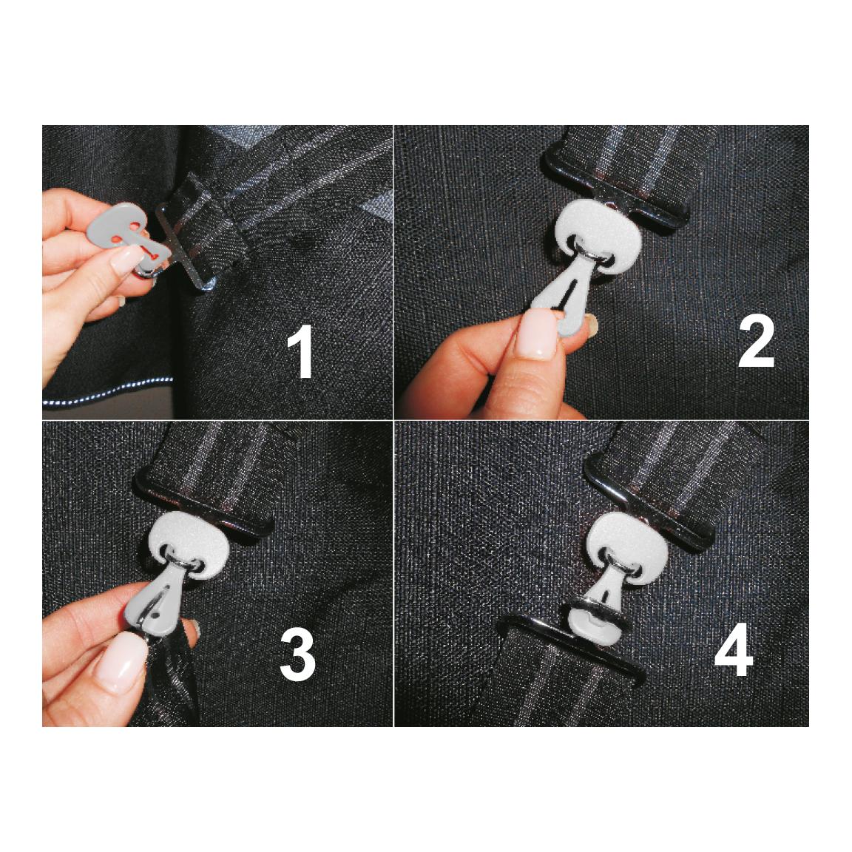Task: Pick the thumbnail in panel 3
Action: click(121, 663)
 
